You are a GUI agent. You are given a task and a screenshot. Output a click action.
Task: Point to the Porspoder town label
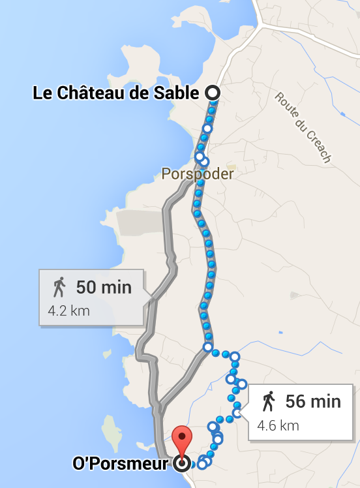pyautogui.click(x=197, y=174)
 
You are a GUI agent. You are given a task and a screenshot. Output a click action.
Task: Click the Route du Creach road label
pyautogui.click(x=303, y=127)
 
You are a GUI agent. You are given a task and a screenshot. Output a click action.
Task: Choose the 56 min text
pyautogui.click(x=313, y=401)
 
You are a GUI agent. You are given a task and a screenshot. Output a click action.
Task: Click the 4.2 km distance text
pyautogui.click(x=68, y=309)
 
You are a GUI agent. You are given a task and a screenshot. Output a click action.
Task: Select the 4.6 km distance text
pyautogui.click(x=278, y=425)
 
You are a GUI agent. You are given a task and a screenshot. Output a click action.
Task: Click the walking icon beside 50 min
pyautogui.click(x=59, y=287)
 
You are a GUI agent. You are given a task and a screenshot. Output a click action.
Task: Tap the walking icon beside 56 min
pyautogui.click(x=268, y=401)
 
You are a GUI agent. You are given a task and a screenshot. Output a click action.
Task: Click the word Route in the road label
pyautogui.click(x=286, y=106)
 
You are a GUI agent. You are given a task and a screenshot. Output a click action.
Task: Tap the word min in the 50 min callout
pyautogui.click(x=117, y=287)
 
